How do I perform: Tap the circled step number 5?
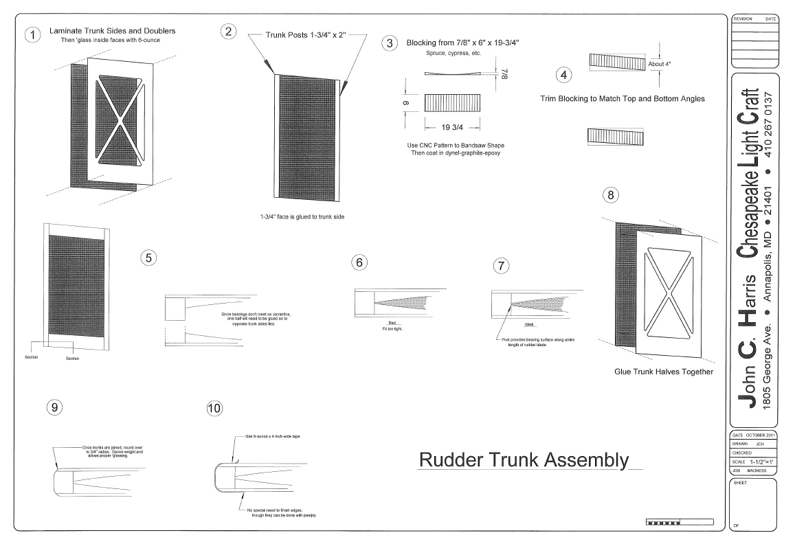(x=148, y=257)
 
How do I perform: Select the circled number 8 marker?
(x=609, y=195)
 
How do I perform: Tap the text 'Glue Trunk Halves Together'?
(x=663, y=372)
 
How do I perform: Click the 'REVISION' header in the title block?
(x=744, y=19)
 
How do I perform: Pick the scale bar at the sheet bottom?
(x=663, y=523)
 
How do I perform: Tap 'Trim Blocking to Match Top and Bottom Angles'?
(x=623, y=98)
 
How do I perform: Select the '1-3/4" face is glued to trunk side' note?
(x=302, y=216)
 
